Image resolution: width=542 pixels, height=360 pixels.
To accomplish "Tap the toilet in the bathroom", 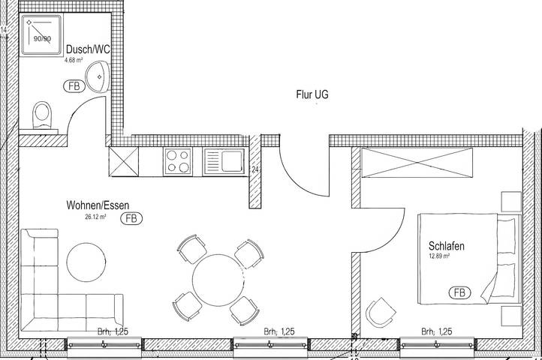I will click(44, 117).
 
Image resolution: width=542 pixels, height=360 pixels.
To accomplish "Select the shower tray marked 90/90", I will click(38, 33).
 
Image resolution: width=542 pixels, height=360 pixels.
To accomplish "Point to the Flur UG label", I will click(312, 95).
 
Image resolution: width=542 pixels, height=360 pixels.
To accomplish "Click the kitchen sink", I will click(222, 160).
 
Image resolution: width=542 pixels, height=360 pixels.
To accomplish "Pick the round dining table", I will click(218, 279).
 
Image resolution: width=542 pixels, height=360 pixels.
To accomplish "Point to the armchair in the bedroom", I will click(381, 311).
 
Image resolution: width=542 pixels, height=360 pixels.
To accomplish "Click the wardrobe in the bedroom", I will click(417, 161).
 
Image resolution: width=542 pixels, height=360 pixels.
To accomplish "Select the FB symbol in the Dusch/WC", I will click(74, 85).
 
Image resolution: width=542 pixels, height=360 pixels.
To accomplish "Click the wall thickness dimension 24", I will click(255, 170).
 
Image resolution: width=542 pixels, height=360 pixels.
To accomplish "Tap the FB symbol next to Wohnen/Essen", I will click(132, 219).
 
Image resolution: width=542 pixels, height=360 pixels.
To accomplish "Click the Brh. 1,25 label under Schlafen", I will click(436, 331).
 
